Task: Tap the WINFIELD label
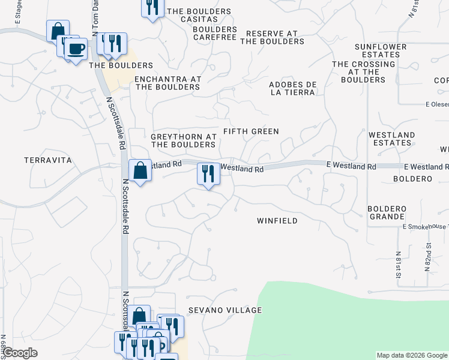(277, 221)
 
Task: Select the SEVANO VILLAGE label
(225, 310)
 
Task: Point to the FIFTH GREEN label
(251, 131)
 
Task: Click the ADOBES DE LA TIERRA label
(292, 88)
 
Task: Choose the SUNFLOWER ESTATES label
(381, 50)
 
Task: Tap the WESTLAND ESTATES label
(391, 139)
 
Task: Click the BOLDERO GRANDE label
(387, 212)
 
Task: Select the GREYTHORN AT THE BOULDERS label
(183, 140)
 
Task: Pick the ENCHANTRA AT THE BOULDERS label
(167, 83)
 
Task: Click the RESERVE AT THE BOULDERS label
(272, 37)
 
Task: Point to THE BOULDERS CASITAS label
(199, 16)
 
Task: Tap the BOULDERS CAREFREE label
(215, 33)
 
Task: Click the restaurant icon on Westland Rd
(206, 174)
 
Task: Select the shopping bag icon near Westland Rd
(140, 170)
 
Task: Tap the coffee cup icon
(76, 49)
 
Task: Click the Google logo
(20, 353)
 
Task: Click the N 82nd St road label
(429, 257)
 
